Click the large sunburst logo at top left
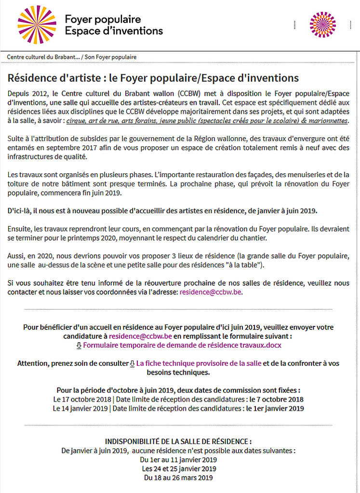(x=37, y=25)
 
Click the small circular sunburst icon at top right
(x=323, y=25)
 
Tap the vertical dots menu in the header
(x=294, y=25)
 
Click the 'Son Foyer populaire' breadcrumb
(x=110, y=57)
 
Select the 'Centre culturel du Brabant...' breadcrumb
(x=43, y=57)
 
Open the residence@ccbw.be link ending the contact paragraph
(x=211, y=292)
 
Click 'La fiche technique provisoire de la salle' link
(x=199, y=363)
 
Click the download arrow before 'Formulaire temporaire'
(x=79, y=345)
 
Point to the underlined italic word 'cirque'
(x=77, y=120)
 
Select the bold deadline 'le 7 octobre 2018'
(x=276, y=399)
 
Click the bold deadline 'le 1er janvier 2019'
(x=275, y=408)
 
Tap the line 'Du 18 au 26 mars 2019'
(x=178, y=478)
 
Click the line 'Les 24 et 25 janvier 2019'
(x=178, y=468)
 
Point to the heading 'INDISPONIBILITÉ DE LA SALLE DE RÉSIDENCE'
(x=178, y=441)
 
